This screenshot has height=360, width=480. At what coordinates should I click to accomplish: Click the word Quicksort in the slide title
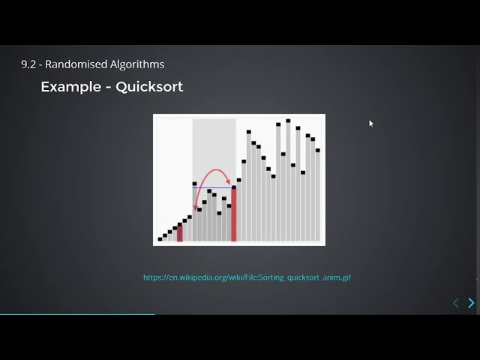coord(149,87)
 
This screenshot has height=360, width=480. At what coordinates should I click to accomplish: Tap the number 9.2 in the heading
coord(28,64)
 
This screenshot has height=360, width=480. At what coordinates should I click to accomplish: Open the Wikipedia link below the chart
coord(247,277)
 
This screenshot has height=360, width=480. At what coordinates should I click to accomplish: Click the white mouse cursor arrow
coord(370,123)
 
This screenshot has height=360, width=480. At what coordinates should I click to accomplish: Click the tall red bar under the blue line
coord(234,217)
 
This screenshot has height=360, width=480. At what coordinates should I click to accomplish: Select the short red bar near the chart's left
coord(180,234)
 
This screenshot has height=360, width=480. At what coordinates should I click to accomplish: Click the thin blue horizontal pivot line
coord(214,187)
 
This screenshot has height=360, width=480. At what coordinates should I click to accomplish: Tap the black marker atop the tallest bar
coord(288,120)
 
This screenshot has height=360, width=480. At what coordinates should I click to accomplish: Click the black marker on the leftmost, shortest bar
coord(160,239)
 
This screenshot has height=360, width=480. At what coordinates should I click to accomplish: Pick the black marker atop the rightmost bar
coord(318,150)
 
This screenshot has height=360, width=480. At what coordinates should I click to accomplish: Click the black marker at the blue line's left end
coord(194,184)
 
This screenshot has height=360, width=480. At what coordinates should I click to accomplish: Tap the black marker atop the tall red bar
coord(234,187)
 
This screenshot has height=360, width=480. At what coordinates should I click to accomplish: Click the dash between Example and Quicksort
coord(109,88)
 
